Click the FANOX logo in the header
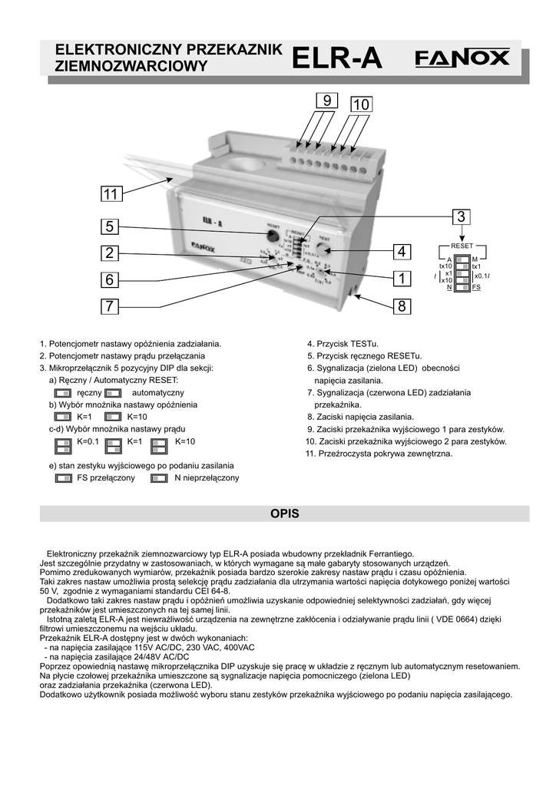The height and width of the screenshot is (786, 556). coord(462,58)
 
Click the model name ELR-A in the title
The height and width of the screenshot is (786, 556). coord(337,58)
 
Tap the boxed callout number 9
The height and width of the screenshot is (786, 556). coord(326,101)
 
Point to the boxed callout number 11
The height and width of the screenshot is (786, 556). coord(110,196)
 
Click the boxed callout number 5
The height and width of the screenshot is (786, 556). coord(110,226)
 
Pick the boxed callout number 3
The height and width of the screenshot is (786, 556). coord(461,217)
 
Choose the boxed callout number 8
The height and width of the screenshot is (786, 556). coord(401,307)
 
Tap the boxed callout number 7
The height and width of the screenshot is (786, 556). coord(110,306)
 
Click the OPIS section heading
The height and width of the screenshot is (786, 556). coord(284,514)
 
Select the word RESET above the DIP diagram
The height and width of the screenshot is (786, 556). coord(462,245)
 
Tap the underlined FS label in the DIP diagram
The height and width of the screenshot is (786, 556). coord(477,287)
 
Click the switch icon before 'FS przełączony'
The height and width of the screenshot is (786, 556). coord(64,478)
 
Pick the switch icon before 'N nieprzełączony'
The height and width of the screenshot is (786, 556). coord(159,478)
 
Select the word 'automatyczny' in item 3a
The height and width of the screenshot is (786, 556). coord(157,392)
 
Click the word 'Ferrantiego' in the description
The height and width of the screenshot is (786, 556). coord(389,553)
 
